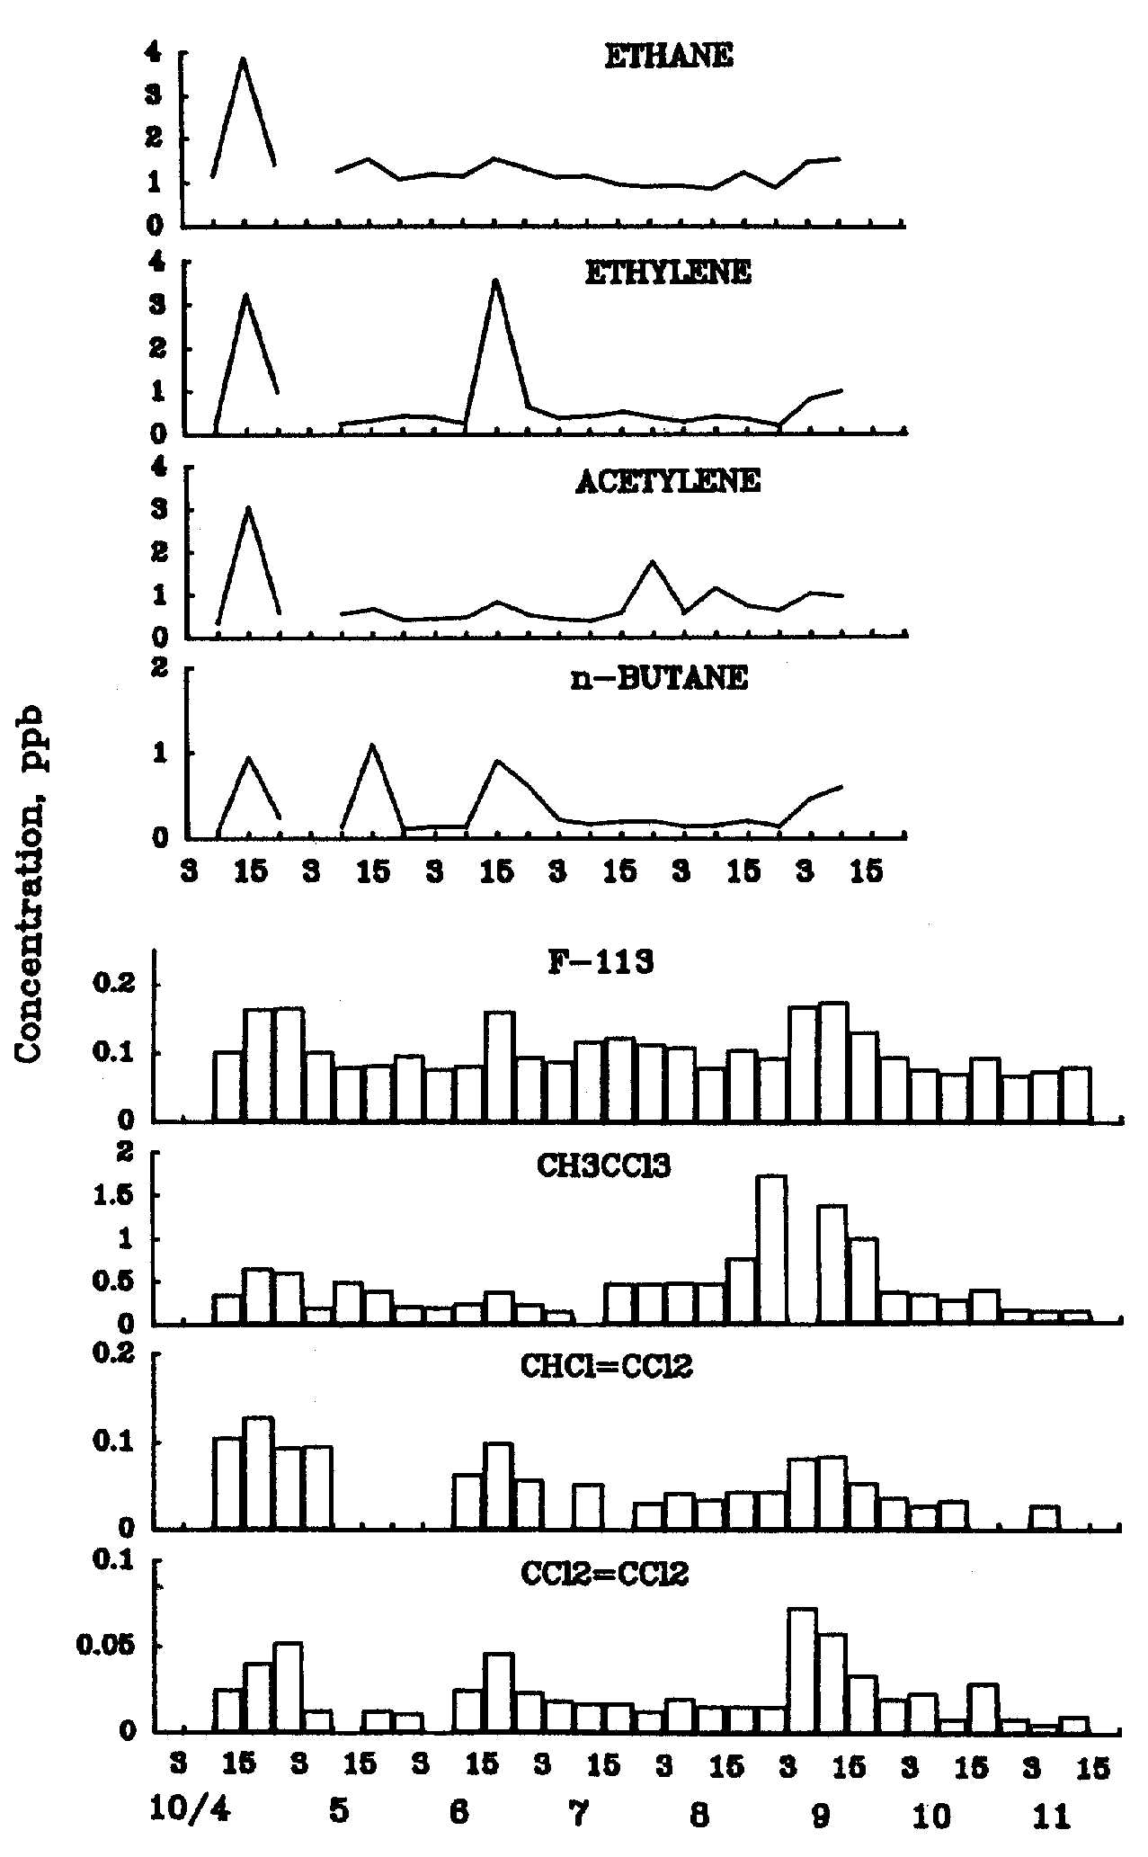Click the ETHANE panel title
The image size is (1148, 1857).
pyautogui.click(x=668, y=57)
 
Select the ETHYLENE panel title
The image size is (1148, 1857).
pyautogui.click(x=668, y=272)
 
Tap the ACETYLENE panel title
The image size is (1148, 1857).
pyautogui.click(x=668, y=482)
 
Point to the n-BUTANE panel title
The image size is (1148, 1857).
pyautogui.click(x=659, y=678)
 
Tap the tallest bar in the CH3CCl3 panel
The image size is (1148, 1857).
pyautogui.click(x=771, y=1249)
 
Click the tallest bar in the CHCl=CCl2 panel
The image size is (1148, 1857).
pyautogui.click(x=258, y=1473)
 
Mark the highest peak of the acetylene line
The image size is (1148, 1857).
pyautogui.click(x=248, y=508)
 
